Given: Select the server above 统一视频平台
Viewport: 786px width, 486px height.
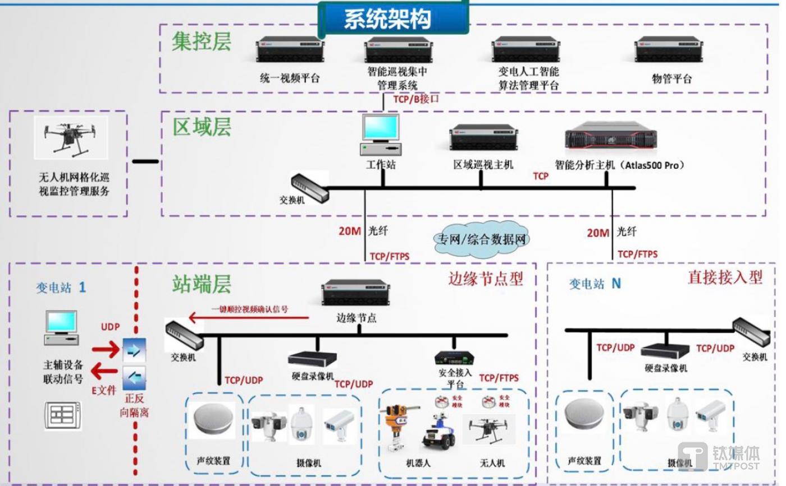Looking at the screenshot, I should point(290,51).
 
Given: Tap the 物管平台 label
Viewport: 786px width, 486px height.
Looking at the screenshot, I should point(671,78).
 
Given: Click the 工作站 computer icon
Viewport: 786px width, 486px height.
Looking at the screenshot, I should point(382,135).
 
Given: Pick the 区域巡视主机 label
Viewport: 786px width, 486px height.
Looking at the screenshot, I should point(483,165).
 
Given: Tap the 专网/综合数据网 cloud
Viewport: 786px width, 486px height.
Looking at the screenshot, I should point(482,240).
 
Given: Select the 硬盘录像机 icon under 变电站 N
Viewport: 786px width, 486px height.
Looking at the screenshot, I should point(665,351).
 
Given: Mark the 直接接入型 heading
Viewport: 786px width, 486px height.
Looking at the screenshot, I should point(725,277).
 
